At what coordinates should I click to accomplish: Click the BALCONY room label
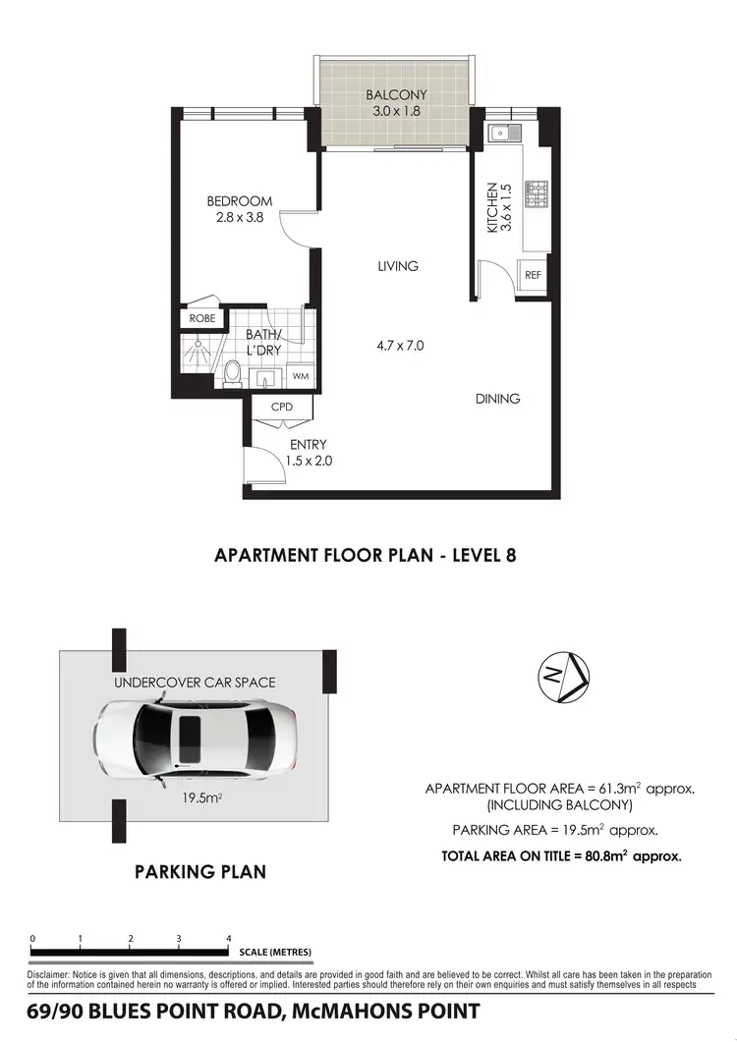395,95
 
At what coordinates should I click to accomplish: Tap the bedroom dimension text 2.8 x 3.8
239,218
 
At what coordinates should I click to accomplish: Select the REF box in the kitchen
533,276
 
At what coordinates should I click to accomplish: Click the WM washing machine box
299,376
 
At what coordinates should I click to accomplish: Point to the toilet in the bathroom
233,373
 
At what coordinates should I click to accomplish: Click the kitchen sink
500,131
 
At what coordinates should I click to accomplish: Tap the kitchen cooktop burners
538,193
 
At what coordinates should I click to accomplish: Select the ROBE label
202,318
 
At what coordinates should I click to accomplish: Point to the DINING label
497,399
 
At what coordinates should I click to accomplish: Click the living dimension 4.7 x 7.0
399,345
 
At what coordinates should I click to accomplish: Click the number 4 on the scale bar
228,939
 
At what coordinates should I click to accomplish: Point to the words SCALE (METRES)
275,953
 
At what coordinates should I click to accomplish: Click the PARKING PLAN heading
200,871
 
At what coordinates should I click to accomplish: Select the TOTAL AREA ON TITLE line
561,856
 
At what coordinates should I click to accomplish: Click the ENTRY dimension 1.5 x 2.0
308,460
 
